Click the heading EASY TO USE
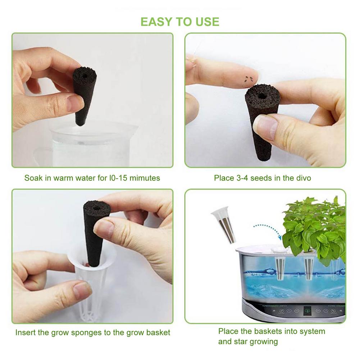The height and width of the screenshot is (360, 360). pyautogui.click(x=180, y=22)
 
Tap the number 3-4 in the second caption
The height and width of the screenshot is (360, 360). pyautogui.click(x=240, y=178)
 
